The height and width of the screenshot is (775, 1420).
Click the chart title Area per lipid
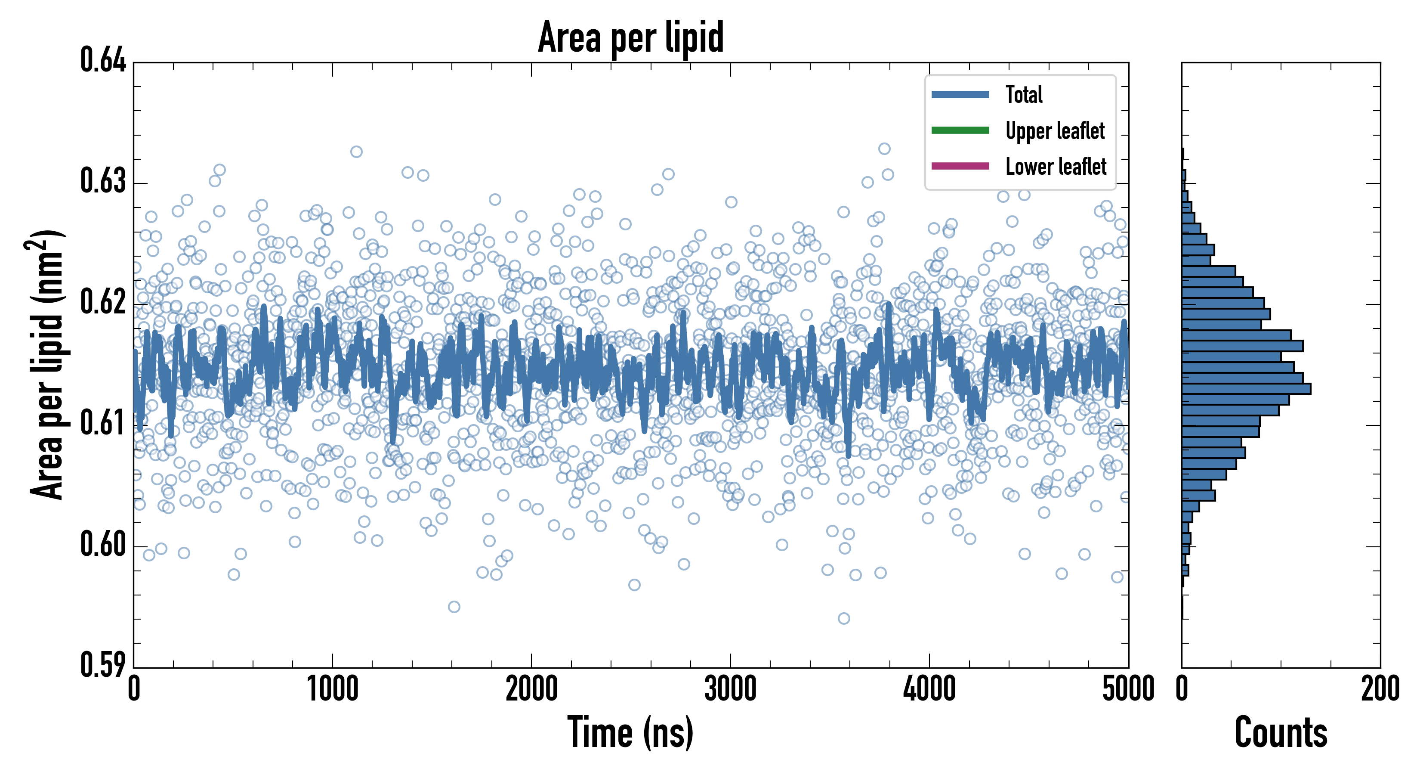coord(631,37)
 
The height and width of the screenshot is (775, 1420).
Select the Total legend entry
coord(1024,95)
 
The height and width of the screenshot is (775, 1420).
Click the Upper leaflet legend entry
coord(1055,131)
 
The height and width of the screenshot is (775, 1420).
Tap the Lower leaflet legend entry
coord(1056,167)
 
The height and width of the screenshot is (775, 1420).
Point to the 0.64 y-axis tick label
coord(103,61)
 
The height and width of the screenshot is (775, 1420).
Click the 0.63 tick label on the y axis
coord(103,181)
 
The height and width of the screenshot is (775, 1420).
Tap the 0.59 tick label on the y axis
coord(103,665)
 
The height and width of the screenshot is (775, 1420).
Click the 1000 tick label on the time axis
coord(332,689)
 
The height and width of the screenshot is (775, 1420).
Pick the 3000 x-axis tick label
coord(730,689)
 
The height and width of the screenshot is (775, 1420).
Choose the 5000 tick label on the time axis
coord(1128,689)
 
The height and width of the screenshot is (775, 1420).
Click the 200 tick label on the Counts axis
coord(1380,689)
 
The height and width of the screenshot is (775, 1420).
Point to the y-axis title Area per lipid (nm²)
coord(46,364)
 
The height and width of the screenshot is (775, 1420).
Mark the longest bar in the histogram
coord(1246,389)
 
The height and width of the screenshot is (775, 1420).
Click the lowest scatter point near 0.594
coord(843,618)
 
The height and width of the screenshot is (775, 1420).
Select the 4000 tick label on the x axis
coord(929,689)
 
